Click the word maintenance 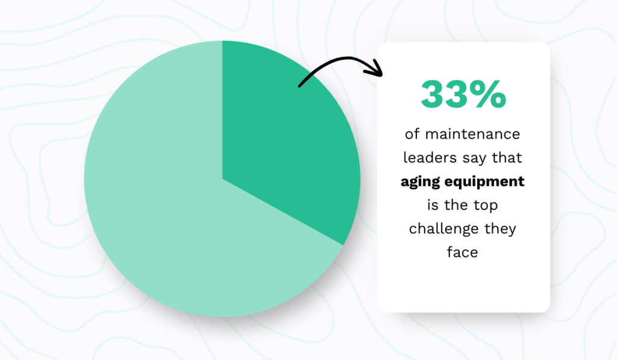tap(472, 134)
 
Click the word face tap(463, 252)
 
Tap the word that tap(511, 157)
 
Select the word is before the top tap(433, 205)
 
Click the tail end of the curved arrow tap(300, 86)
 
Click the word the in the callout tap(457, 205)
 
